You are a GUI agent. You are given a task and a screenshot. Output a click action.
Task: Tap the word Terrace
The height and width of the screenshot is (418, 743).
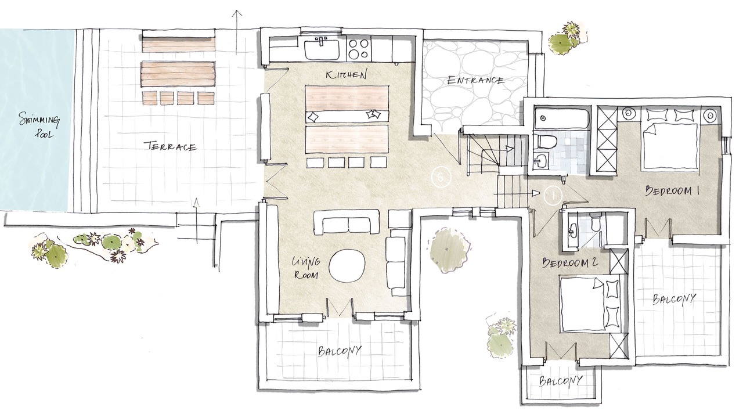pos(170,146)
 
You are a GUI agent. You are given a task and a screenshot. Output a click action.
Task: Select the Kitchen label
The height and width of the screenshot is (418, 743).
pos(346,74)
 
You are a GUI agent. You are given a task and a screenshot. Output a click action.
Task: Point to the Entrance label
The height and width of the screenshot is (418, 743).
pos(475,80)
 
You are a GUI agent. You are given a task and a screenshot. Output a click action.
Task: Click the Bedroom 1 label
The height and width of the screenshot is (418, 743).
pos(672,191)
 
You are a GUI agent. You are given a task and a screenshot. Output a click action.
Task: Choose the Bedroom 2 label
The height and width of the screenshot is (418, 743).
pos(570,262)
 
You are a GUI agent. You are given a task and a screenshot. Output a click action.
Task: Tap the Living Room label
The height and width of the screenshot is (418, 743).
pos(305,268)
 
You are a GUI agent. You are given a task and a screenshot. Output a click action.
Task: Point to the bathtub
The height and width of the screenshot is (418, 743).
pos(561,119)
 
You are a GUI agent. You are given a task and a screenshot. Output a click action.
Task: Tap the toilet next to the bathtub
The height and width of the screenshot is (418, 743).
pos(545,141)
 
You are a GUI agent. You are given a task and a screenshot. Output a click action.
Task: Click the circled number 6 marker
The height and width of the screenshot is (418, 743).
pos(441,177)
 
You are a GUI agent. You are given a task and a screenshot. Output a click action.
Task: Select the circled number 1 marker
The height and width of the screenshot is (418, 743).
pos(553,196)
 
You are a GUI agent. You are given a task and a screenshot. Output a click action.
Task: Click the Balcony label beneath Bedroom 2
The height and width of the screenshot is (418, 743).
pos(561,381)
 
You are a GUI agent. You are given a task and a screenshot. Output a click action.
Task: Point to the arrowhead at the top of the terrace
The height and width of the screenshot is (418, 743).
pos(236,13)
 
